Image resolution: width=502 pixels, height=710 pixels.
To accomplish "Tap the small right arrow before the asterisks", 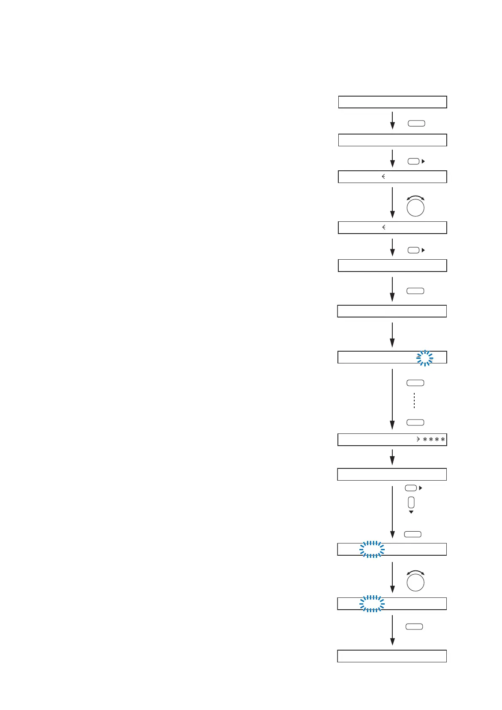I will [418, 440].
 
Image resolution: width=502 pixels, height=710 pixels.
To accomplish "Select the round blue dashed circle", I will [425, 358].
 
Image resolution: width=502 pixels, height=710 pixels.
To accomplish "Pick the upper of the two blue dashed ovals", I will [372, 549].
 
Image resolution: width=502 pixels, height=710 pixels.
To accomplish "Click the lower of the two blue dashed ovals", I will [372, 604].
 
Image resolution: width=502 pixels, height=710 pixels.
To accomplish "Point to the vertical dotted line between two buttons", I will [415, 401].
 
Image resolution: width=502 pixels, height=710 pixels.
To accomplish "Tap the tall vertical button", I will [411, 502].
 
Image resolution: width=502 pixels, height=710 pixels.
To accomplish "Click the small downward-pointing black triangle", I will [411, 512].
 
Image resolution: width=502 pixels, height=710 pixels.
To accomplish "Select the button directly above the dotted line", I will [415, 383].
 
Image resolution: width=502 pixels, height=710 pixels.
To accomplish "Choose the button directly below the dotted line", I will [415, 422].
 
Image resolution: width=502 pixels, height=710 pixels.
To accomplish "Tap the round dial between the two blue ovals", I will [416, 583].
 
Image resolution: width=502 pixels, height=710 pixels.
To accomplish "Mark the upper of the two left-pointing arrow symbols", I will [383, 177].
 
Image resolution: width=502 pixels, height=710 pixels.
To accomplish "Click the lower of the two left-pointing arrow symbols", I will [383, 227].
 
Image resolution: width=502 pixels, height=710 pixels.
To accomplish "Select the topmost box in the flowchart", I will [392, 102].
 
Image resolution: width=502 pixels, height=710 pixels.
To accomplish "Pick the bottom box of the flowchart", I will [392, 656].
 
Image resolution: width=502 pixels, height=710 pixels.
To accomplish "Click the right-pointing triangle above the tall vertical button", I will [421, 488].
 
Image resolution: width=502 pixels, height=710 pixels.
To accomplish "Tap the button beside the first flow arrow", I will [416, 124].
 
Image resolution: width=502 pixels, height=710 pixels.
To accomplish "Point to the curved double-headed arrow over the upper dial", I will [416, 197].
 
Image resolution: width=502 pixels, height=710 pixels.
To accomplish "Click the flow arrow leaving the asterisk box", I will [392, 457].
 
